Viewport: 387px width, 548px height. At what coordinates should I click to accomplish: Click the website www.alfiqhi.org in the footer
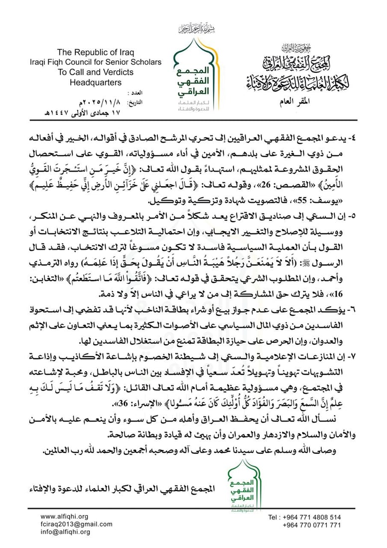[x=64, y=517]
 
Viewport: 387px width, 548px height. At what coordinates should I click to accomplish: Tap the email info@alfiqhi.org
[x=65, y=532]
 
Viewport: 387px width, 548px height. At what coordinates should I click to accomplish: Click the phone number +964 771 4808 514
[x=311, y=517]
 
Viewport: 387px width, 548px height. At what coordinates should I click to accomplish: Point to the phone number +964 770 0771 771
[x=311, y=525]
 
